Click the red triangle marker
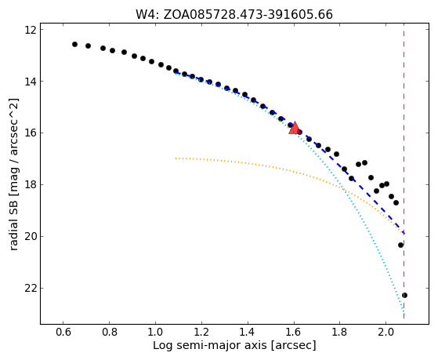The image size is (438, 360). click(294, 128)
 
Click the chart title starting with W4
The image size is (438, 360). click(234, 15)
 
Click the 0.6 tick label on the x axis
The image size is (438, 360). click(63, 332)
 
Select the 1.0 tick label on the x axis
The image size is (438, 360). click(155, 332)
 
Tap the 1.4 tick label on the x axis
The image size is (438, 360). click(248, 332)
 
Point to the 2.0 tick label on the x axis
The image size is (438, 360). click(386, 332)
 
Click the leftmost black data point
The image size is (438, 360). click(74, 44)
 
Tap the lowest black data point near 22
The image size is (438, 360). click(404, 295)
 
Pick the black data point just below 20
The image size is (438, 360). click(401, 245)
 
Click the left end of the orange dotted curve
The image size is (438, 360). click(176, 158)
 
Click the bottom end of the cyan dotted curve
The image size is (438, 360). click(404, 311)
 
